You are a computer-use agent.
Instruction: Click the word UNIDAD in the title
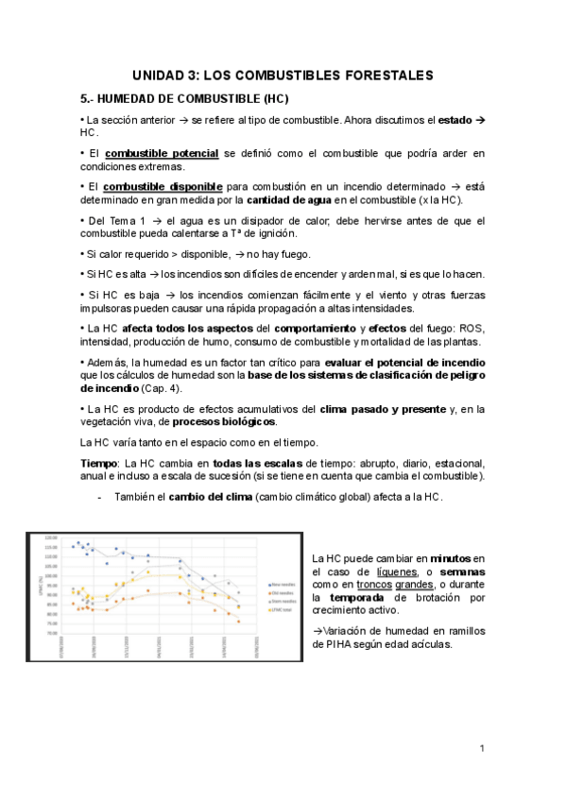(x=159, y=75)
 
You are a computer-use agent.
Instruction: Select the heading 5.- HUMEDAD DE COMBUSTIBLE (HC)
(x=184, y=98)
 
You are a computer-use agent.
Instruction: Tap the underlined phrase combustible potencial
(x=162, y=153)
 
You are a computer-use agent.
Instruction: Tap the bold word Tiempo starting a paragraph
(x=98, y=463)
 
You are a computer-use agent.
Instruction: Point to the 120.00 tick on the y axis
(x=52, y=538)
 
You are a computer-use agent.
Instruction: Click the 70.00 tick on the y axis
(x=53, y=634)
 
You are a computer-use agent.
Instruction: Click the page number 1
(x=482, y=749)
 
